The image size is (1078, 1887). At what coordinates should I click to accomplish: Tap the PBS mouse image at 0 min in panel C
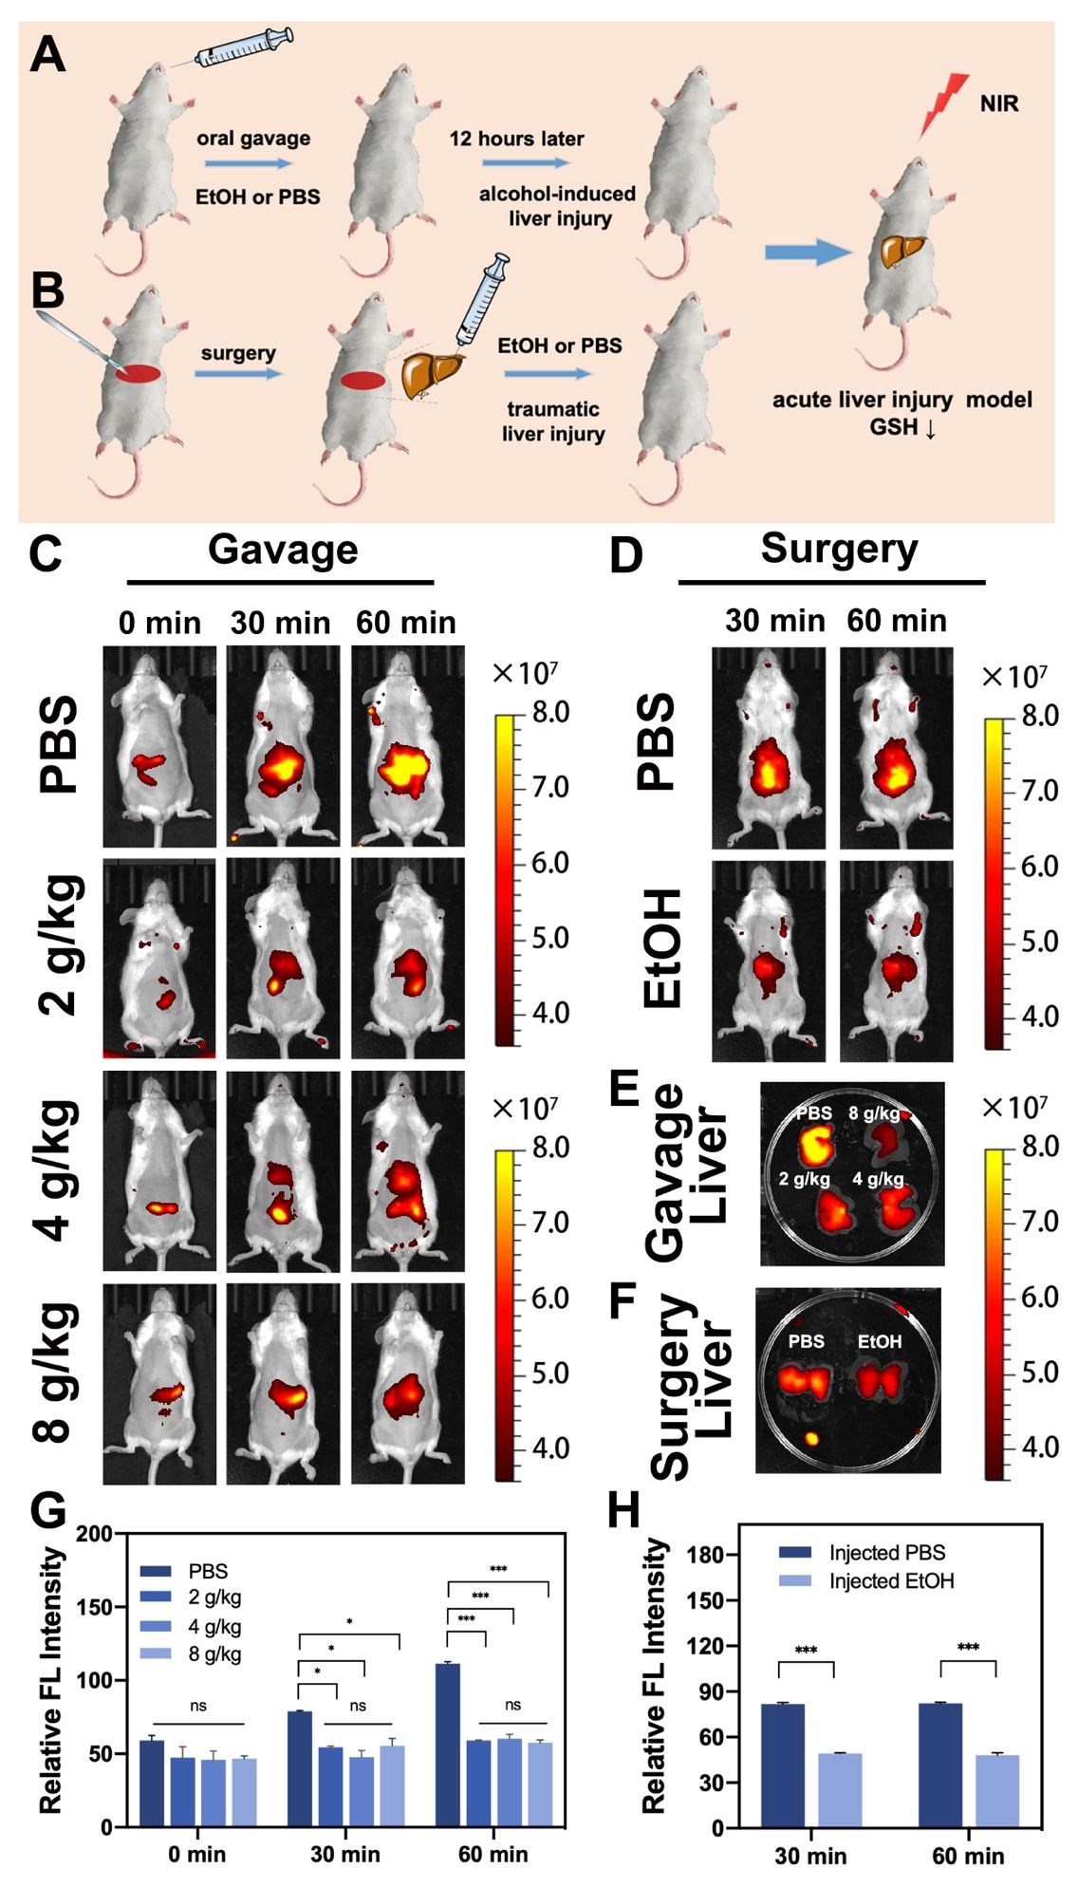click(x=159, y=746)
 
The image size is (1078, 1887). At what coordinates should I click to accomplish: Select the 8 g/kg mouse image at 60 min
click(x=408, y=1381)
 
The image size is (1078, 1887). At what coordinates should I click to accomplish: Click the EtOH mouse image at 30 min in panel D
click(x=769, y=961)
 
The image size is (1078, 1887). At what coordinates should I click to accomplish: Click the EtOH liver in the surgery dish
click(x=880, y=1380)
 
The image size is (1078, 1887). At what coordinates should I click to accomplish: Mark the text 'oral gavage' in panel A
click(x=253, y=139)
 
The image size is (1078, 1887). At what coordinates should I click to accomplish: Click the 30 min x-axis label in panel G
click(x=345, y=1853)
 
